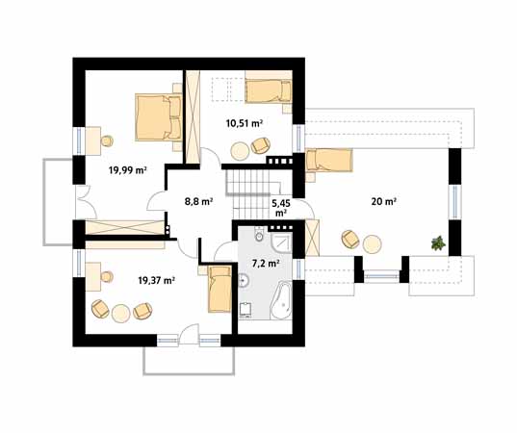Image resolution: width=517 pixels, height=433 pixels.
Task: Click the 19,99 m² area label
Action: click(128, 170)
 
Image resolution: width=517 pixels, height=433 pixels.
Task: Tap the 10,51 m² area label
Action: click(245, 123)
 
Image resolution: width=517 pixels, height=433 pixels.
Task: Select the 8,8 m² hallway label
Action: click(198, 201)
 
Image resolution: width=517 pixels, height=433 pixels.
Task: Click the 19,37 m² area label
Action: click(156, 280)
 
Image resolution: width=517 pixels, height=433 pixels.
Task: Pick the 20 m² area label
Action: click(384, 201)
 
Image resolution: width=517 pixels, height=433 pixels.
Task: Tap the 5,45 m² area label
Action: click(280, 208)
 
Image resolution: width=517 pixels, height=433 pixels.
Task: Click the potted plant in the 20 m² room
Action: click(438, 243)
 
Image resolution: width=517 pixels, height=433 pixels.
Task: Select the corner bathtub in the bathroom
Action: click(281, 300)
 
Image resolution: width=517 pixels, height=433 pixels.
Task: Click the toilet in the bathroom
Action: click(259, 235)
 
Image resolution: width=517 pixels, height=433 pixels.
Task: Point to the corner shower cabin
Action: click(281, 242)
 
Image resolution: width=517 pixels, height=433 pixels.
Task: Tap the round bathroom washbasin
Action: click(245, 281)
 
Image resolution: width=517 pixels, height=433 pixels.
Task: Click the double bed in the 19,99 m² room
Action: click(159, 117)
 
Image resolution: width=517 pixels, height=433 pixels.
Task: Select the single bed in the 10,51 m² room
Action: click(268, 91)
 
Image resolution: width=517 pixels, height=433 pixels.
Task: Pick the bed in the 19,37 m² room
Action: click(220, 289)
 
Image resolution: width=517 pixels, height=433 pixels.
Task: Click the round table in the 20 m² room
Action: click(373, 244)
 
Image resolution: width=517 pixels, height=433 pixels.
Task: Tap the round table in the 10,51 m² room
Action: click(240, 151)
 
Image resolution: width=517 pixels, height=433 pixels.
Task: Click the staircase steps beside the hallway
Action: click(252, 193)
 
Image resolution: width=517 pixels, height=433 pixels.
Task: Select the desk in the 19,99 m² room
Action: click(93, 140)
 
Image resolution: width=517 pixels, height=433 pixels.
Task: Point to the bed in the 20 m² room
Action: click(329, 161)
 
